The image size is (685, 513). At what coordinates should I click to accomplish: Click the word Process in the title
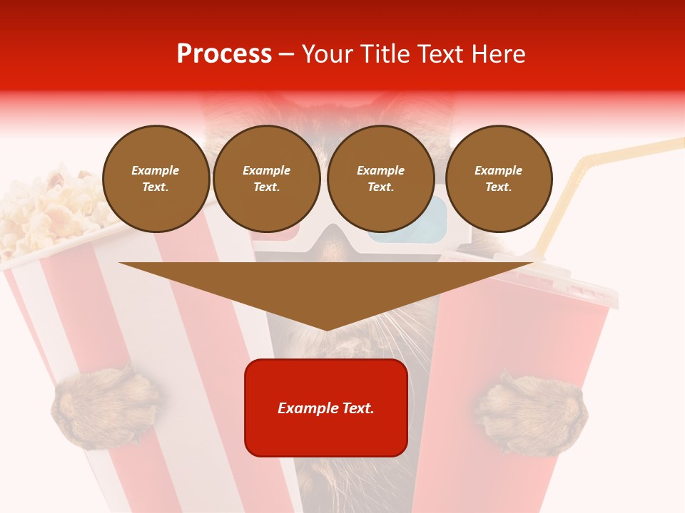pyautogui.click(x=224, y=54)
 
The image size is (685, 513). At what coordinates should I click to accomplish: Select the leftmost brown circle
pyautogui.click(x=156, y=179)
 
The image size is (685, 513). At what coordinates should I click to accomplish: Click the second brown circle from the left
pyautogui.click(x=266, y=179)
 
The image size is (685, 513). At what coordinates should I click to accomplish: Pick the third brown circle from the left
pyautogui.click(x=380, y=179)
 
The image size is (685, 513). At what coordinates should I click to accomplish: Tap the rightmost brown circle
pyautogui.click(x=498, y=179)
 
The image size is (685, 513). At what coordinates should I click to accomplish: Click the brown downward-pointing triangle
pyautogui.click(x=326, y=289)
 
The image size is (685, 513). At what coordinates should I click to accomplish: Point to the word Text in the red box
pyautogui.click(x=357, y=408)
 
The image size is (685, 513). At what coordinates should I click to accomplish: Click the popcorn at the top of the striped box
pyautogui.click(x=43, y=207)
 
